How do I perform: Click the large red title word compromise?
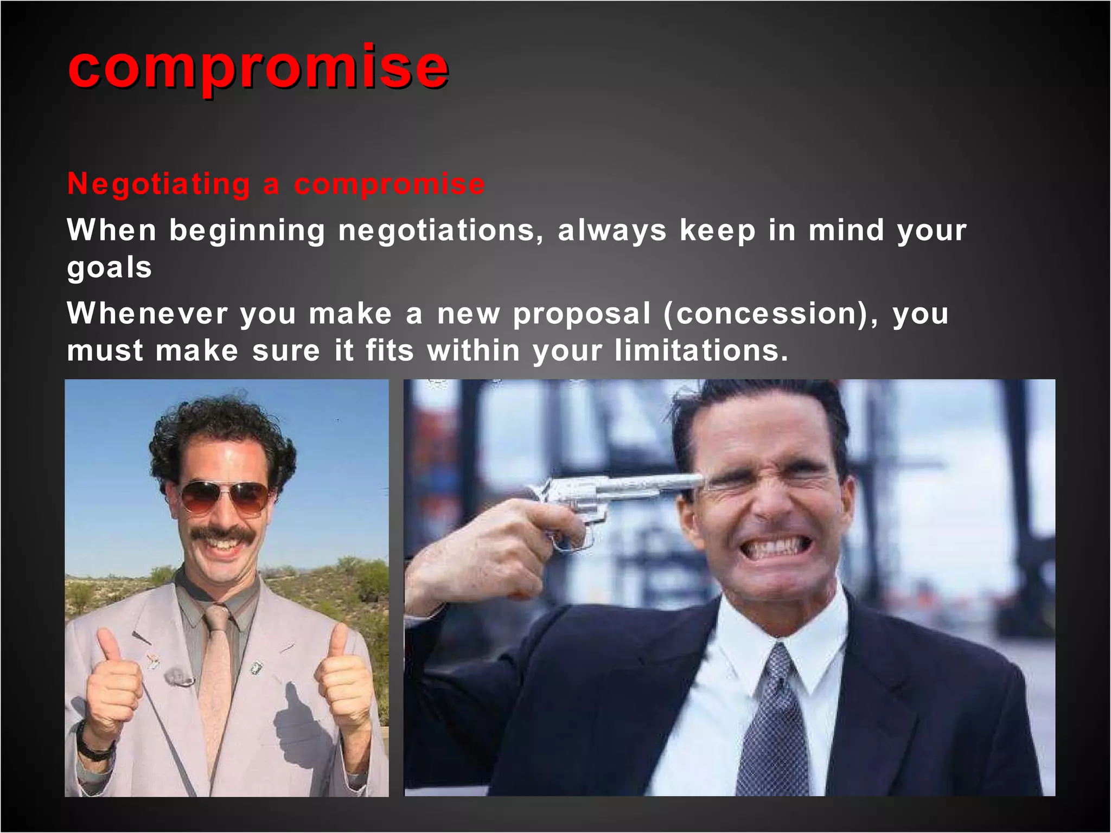coord(258,67)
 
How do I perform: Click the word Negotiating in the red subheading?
coord(158,184)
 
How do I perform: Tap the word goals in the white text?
coord(109,268)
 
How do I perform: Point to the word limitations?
coord(701,350)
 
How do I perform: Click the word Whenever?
coord(147,313)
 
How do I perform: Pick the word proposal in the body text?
coord(582,315)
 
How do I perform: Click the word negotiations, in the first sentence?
coord(440,230)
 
